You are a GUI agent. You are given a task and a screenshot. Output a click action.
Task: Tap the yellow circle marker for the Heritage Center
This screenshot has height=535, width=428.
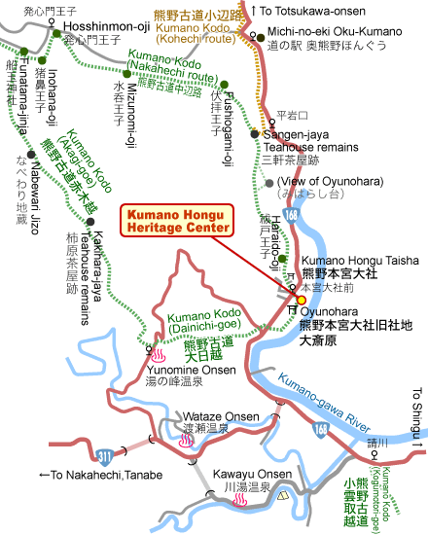pos(287,299)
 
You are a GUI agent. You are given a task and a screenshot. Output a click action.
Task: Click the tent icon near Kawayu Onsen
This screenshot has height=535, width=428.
pos(284,496)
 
